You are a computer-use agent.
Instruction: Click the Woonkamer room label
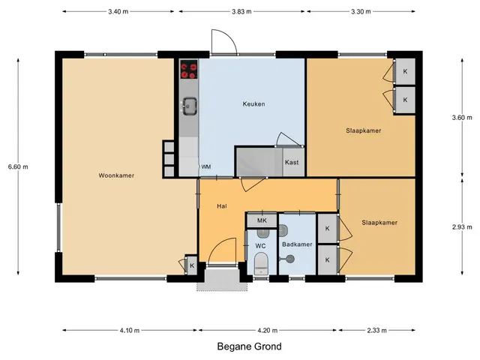(x=116, y=175)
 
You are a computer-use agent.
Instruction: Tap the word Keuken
(x=253, y=104)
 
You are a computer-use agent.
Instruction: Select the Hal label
(x=222, y=206)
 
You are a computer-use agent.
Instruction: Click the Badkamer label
(x=297, y=244)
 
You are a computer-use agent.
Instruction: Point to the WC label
(x=260, y=246)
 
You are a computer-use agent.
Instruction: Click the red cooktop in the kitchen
(x=189, y=70)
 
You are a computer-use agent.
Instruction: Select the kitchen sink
(x=190, y=106)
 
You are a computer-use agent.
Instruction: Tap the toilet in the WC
(x=262, y=263)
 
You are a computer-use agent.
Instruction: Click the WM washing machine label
(x=206, y=166)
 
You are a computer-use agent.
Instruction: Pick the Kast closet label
(x=292, y=162)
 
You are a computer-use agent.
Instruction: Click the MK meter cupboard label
(x=262, y=220)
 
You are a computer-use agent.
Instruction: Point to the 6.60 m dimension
(x=18, y=166)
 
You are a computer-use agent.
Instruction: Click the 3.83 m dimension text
(x=241, y=12)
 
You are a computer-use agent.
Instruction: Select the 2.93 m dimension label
(x=462, y=227)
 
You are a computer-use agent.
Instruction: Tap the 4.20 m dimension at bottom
(x=268, y=330)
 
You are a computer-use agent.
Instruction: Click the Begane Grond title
(x=249, y=346)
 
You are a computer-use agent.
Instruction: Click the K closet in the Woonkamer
(x=192, y=265)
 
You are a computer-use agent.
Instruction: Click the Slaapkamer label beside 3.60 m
(x=363, y=130)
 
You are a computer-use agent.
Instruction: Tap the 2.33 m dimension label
(x=376, y=330)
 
